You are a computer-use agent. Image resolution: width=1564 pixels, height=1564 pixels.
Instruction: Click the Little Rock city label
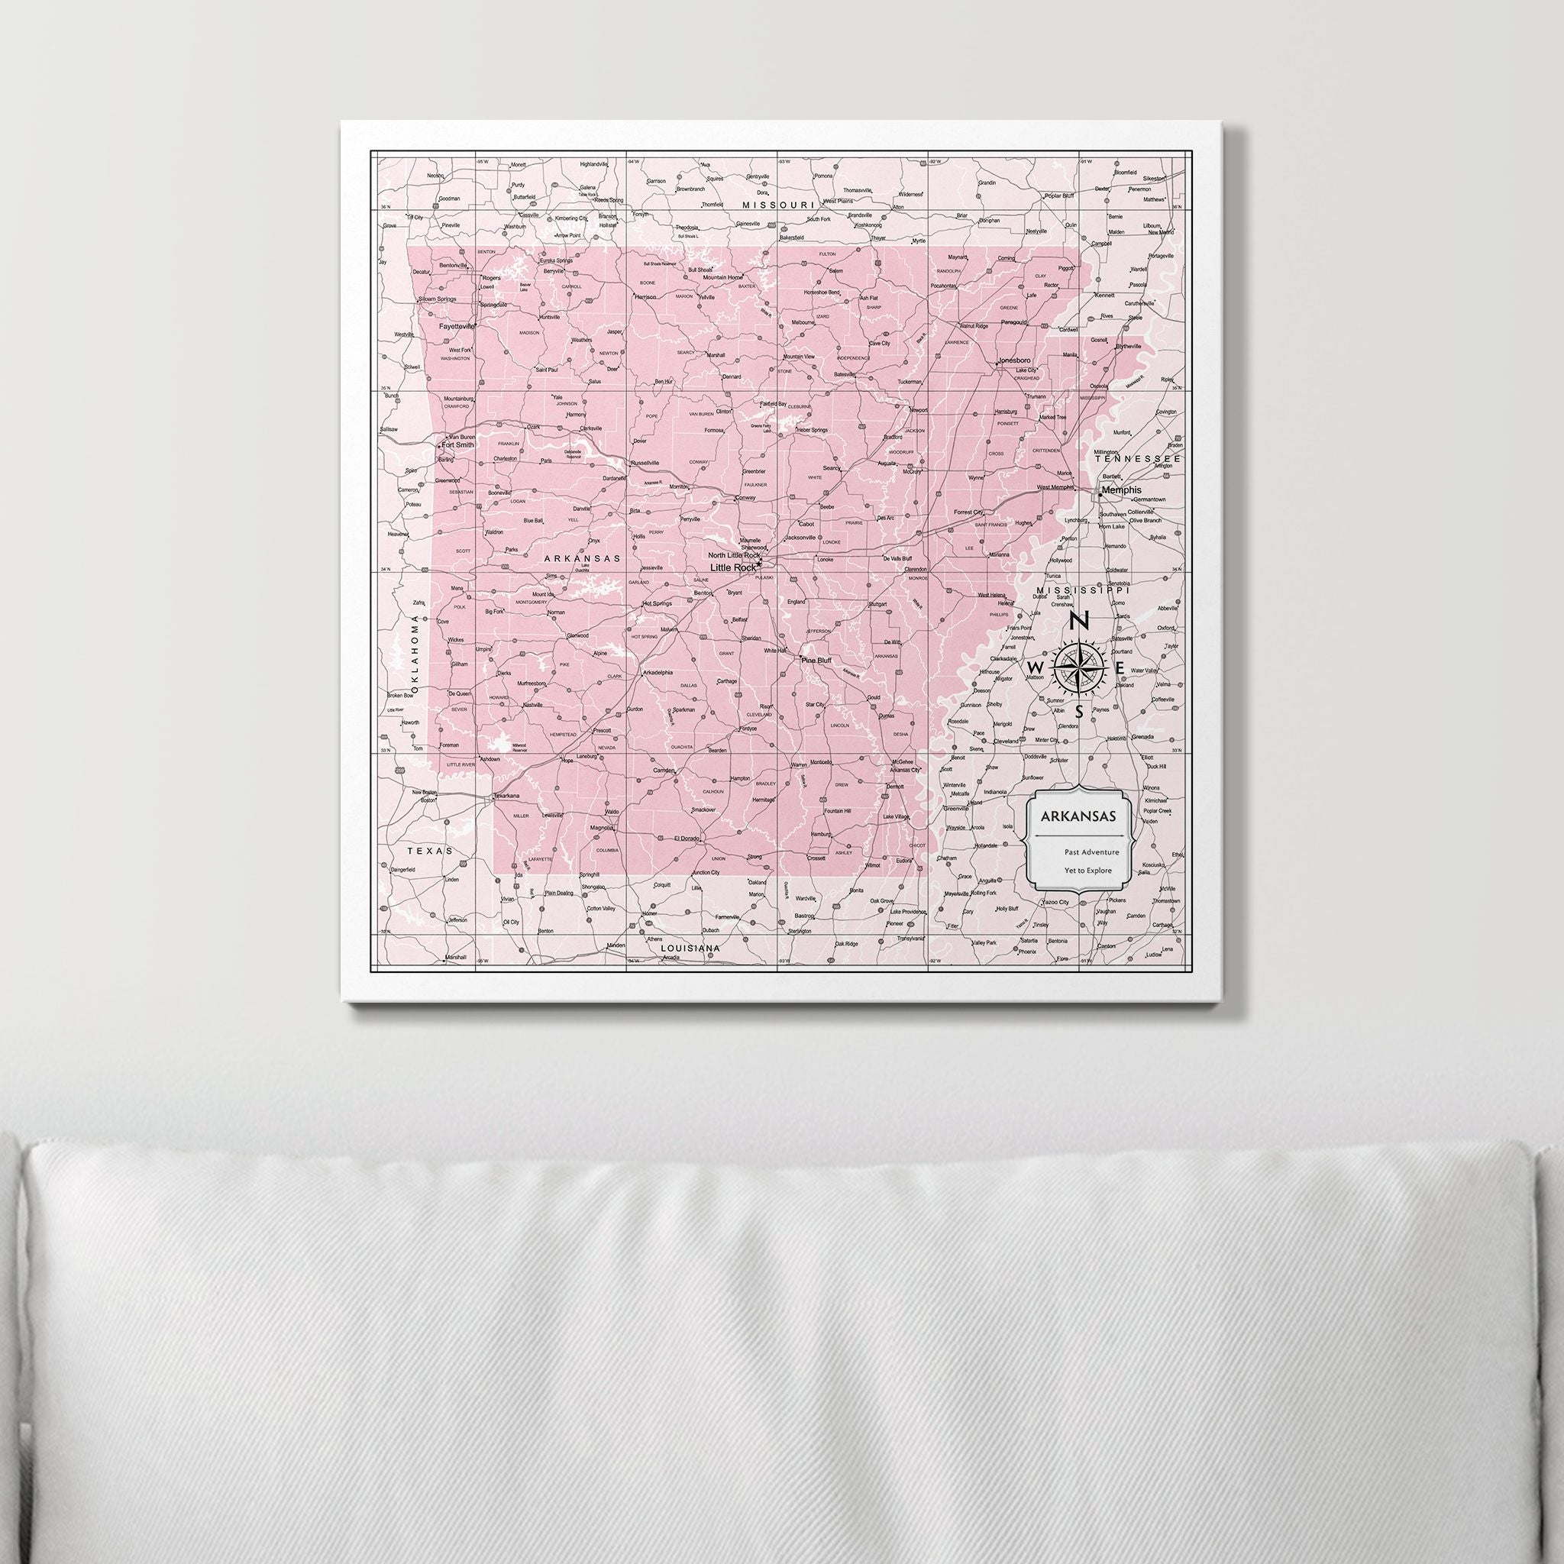click(x=732, y=567)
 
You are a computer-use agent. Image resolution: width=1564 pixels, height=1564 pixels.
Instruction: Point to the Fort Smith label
click(x=457, y=444)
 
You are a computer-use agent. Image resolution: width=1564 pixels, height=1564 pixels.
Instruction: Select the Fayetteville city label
click(x=457, y=326)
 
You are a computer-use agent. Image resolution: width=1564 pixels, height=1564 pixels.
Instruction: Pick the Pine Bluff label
click(x=816, y=661)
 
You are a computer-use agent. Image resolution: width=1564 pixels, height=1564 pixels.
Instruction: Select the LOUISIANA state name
click(x=690, y=947)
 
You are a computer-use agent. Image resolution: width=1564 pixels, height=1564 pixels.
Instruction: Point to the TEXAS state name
click(x=430, y=851)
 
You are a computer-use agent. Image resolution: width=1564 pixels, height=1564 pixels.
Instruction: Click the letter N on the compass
click(x=1078, y=622)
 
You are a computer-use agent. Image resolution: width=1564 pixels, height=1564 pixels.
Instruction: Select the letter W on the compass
click(x=1035, y=666)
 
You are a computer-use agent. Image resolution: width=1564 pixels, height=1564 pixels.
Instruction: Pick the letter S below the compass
click(x=1078, y=713)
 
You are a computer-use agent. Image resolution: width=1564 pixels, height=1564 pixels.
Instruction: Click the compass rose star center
click(x=1079, y=666)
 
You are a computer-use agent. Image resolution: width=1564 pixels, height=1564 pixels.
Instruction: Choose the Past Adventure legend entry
click(x=1092, y=851)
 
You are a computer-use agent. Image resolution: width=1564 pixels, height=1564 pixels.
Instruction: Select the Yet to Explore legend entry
click(x=1088, y=871)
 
